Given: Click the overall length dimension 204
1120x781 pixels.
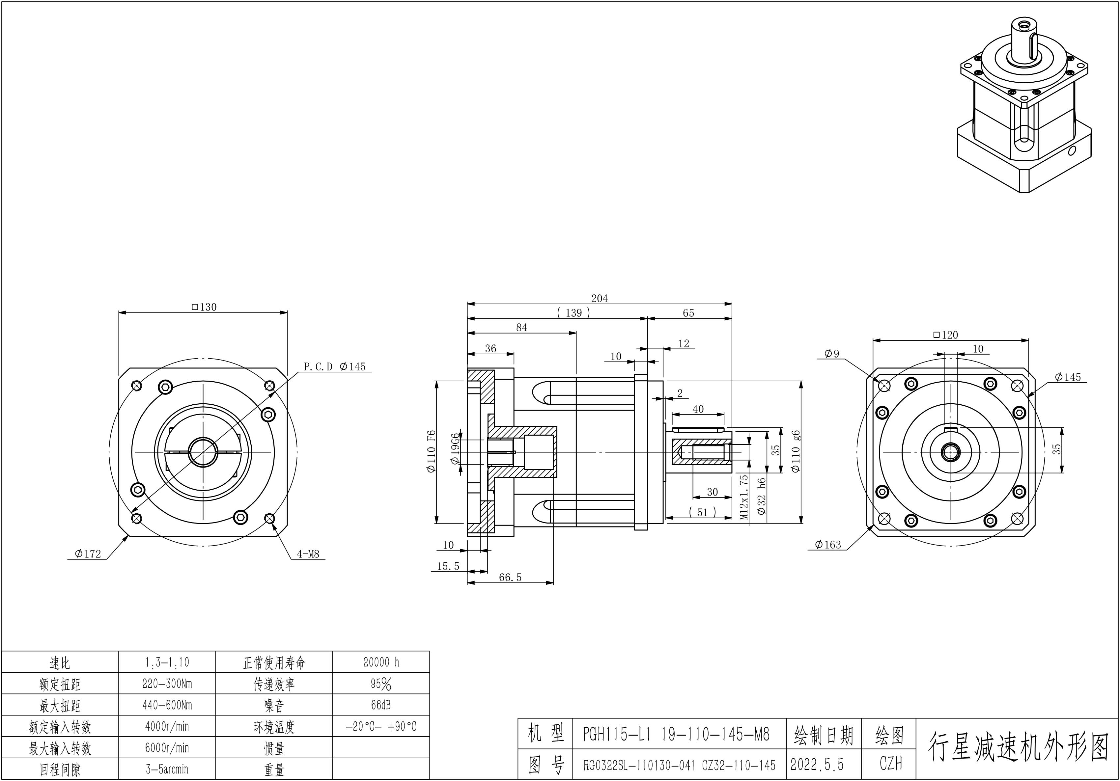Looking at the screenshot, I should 600,298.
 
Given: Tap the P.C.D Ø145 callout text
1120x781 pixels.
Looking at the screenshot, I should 335,366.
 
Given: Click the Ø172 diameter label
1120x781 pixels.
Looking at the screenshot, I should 88,554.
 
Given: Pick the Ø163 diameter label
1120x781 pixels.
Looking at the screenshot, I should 828,545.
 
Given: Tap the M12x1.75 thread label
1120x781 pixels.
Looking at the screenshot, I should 744,497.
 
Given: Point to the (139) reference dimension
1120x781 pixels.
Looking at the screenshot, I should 574,313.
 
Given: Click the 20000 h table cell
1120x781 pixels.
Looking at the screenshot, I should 381,662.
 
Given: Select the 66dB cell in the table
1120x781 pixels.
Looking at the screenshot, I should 381,705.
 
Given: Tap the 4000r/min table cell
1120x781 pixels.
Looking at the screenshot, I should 167,726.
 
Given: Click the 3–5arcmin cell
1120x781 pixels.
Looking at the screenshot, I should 167,769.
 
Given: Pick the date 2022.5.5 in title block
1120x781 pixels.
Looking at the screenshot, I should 817,765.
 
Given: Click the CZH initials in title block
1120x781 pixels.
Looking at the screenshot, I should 891,764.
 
